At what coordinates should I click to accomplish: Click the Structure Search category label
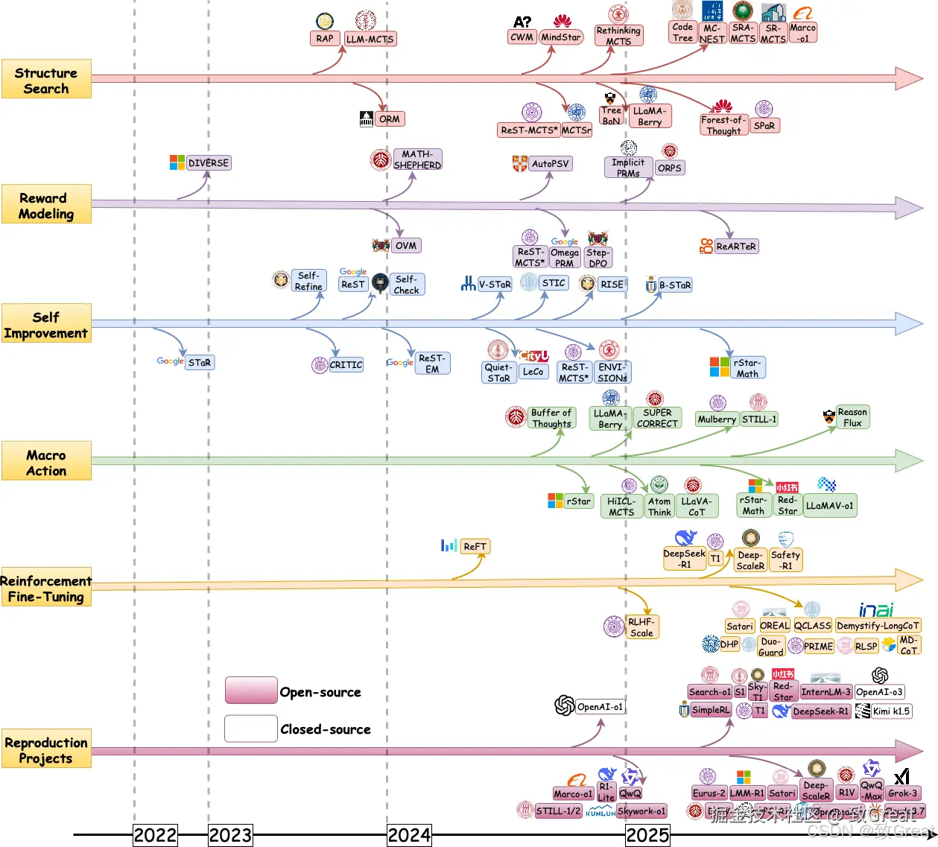point(46,80)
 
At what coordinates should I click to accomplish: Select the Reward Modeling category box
point(46,205)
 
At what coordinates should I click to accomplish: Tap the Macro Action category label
point(46,462)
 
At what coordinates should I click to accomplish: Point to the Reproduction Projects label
point(46,749)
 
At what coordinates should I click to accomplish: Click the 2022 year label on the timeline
point(155,835)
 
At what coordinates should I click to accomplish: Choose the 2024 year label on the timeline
point(409,835)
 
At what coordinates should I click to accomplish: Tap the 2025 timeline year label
point(647,835)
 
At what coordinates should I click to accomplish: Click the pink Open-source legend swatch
point(251,691)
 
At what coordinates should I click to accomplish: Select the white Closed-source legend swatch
point(251,728)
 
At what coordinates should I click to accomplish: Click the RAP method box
point(325,38)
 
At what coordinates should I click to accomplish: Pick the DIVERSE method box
point(209,162)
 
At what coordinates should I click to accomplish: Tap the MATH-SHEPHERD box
point(417,159)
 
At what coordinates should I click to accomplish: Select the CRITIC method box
point(346,364)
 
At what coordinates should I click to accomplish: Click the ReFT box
point(475,546)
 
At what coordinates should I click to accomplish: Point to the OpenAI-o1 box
point(600,706)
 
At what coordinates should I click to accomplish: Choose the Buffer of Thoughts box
point(551,418)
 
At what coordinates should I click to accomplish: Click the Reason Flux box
point(852,417)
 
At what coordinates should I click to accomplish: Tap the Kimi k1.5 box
point(891,711)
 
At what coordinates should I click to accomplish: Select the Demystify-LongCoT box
point(878,626)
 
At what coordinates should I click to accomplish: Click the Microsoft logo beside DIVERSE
point(177,162)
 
